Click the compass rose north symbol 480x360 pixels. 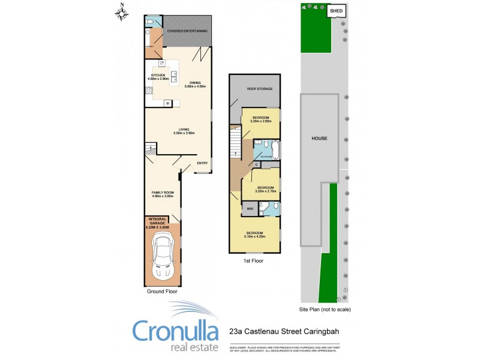click(x=122, y=13)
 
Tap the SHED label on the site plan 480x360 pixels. click(x=336, y=10)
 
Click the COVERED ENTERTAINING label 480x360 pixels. click(x=187, y=31)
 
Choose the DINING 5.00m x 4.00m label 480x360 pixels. click(x=196, y=84)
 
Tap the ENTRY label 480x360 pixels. click(x=202, y=164)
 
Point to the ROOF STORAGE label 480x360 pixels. click(x=260, y=89)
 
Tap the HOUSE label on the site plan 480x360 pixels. click(x=319, y=138)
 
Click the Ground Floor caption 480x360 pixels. click(x=161, y=291)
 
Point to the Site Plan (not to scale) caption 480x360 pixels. click(x=325, y=310)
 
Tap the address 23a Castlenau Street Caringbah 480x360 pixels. click(x=284, y=331)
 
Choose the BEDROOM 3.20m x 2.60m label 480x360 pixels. click(x=260, y=118)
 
